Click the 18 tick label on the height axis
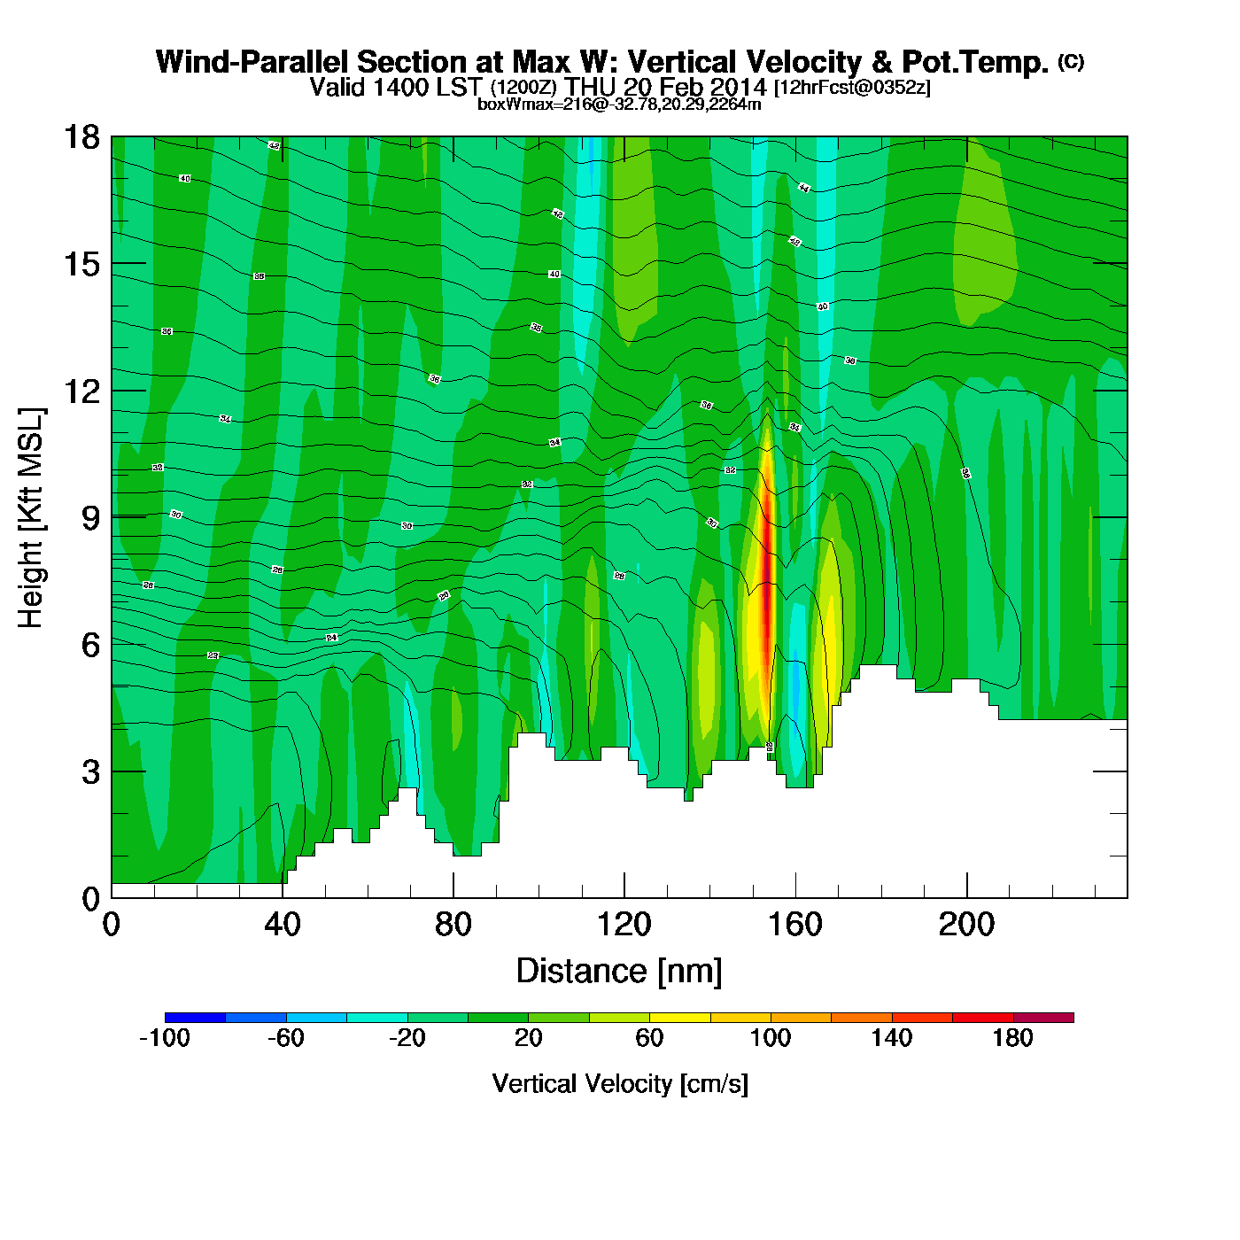pyautogui.click(x=81, y=137)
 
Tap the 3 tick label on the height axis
pyautogui.click(x=91, y=771)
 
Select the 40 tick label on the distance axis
pyautogui.click(x=283, y=925)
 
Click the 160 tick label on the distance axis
pyautogui.click(x=795, y=925)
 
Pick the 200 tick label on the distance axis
pyautogui.click(x=966, y=925)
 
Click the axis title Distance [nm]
pyautogui.click(x=619, y=971)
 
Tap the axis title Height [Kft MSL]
pyautogui.click(x=31, y=518)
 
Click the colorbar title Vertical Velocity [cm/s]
pyautogui.click(x=620, y=1083)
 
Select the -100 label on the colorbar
pyautogui.click(x=165, y=1038)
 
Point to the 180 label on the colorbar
pyautogui.click(x=1013, y=1038)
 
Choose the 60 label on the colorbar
pyautogui.click(x=649, y=1038)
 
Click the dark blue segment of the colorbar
pyautogui.click(x=195, y=1018)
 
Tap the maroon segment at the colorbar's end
pyautogui.click(x=1043, y=1018)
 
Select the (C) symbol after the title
pyautogui.click(x=1071, y=61)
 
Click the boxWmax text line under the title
pyautogui.click(x=619, y=104)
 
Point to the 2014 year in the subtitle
pyautogui.click(x=738, y=87)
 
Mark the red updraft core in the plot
pyautogui.click(x=768, y=576)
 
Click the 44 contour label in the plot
pyautogui.click(x=803, y=188)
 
